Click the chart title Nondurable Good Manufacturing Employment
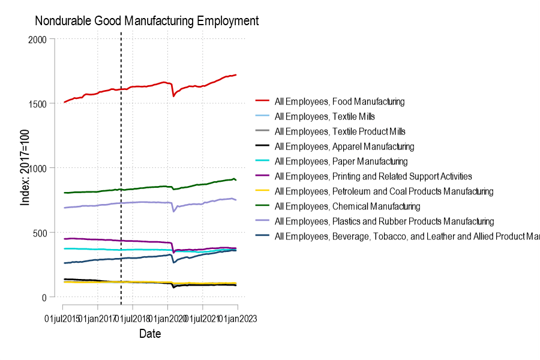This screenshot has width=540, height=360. [x=146, y=21]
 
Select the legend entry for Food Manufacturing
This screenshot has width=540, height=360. [x=339, y=101]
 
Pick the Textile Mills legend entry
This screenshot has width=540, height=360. [x=325, y=116]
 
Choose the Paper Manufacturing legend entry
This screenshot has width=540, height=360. [x=341, y=161]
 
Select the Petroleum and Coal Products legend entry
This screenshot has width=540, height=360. [x=383, y=191]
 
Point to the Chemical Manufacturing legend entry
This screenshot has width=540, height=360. [x=347, y=206]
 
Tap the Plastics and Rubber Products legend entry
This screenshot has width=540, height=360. [x=384, y=221]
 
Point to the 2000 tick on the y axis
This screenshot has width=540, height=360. [x=37, y=39]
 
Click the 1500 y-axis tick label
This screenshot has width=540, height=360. [x=37, y=103]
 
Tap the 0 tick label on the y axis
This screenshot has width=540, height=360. [x=44, y=297]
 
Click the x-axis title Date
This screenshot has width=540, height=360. [x=150, y=334]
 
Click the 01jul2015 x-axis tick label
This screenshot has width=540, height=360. [x=62, y=319]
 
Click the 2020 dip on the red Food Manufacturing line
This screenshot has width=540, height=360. [x=173, y=95]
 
